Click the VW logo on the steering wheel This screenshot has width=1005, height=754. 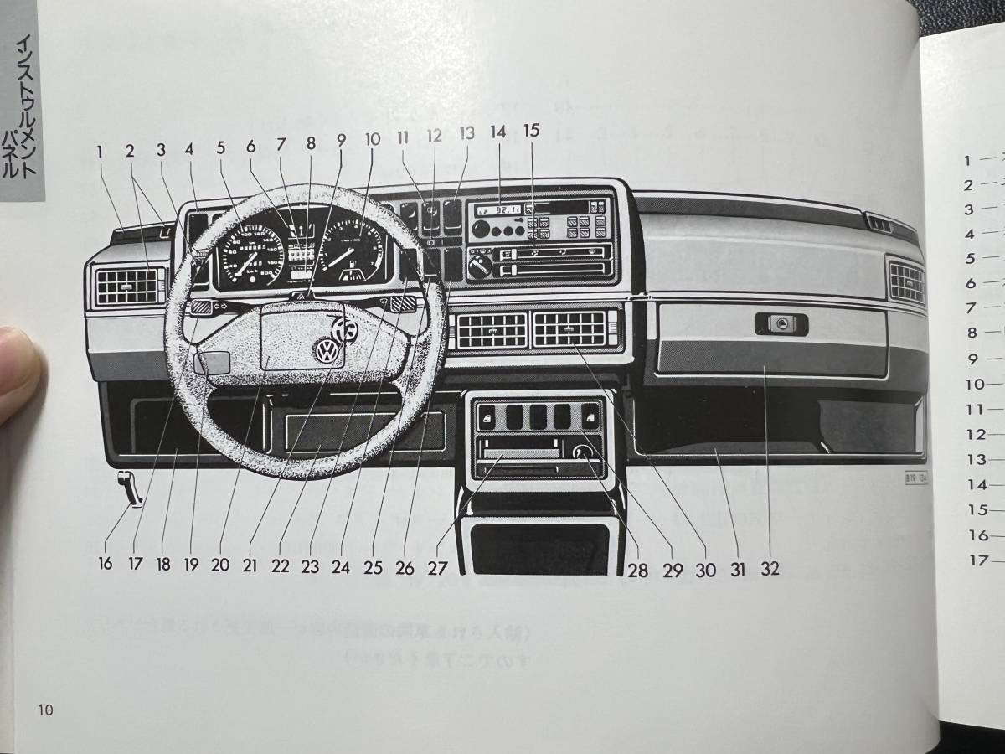point(324,350)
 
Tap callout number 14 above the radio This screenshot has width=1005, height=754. point(498,132)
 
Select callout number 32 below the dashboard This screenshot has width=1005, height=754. point(770,569)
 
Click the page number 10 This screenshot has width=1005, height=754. point(45,710)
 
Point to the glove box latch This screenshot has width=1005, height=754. point(781,323)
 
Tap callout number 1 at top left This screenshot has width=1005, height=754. point(100,152)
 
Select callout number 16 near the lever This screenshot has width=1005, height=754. point(105,564)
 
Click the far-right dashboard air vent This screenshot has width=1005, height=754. point(907,282)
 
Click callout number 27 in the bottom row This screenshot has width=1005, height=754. point(437,567)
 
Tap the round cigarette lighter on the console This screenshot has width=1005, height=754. point(582,455)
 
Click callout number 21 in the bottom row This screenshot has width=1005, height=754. point(249,565)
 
